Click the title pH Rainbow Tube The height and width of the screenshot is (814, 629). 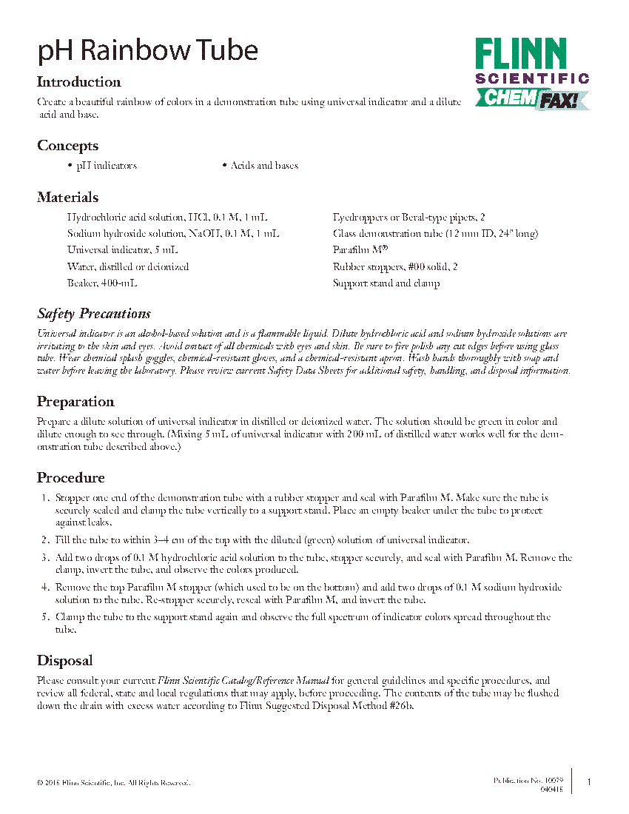(x=148, y=50)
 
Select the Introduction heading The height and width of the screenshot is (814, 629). (x=79, y=82)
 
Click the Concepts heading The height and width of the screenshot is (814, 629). (x=68, y=146)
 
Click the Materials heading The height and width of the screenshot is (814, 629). (x=68, y=198)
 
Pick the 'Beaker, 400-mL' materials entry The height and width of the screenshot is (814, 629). (x=102, y=283)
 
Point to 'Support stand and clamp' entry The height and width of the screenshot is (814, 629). (x=386, y=283)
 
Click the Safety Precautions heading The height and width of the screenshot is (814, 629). (x=94, y=314)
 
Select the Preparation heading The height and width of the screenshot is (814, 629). (x=75, y=402)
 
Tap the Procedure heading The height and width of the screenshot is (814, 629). (x=71, y=478)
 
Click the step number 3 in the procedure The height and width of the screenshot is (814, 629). (x=44, y=558)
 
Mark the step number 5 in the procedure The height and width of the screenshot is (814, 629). (x=44, y=617)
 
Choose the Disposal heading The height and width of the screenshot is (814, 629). (x=65, y=661)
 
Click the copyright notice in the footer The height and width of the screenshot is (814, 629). (x=113, y=783)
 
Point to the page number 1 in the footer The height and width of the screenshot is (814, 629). (x=589, y=782)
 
